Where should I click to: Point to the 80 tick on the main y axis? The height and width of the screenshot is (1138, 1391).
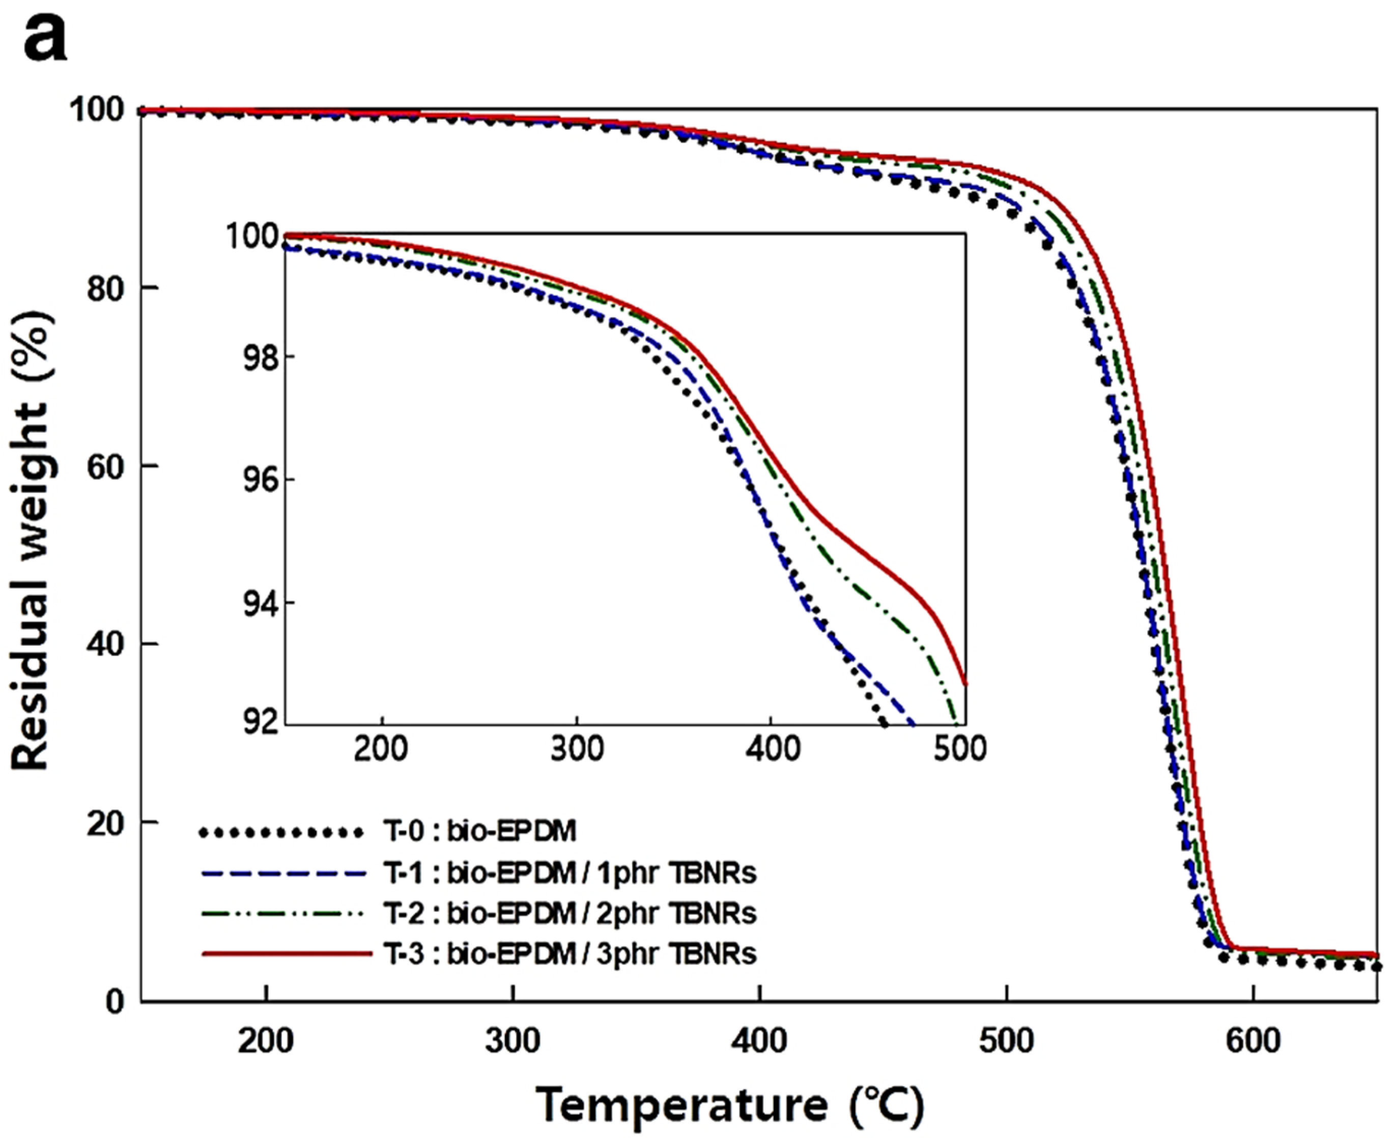pos(105,288)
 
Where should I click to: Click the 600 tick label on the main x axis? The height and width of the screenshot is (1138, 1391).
pos(1253,1040)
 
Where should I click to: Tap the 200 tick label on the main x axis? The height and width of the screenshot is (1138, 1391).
pos(265,1040)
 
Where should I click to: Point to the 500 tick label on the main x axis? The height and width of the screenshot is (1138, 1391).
pos(1006,1040)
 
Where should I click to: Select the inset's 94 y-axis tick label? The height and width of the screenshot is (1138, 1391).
pos(260,604)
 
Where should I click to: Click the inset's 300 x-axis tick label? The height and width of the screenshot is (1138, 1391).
pos(576,748)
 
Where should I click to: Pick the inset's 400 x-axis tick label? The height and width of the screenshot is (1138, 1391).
pos(773,748)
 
